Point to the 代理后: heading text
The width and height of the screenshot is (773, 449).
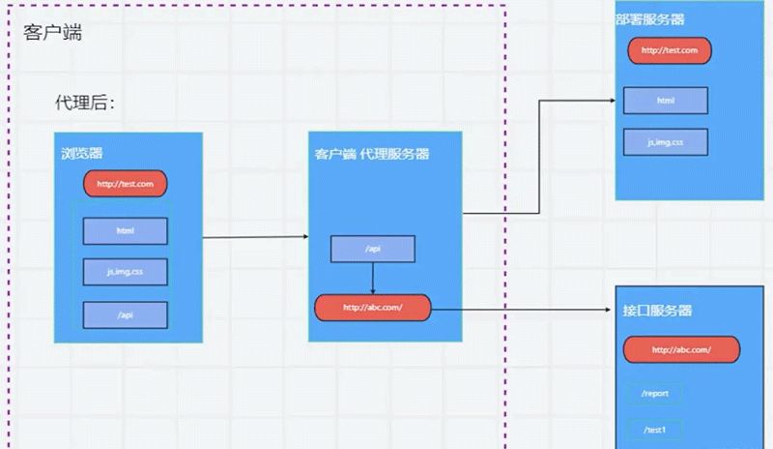point(84,104)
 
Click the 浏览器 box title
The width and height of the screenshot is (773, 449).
point(82,153)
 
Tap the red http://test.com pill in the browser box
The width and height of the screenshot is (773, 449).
point(126,184)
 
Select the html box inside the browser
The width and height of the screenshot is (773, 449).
point(126,230)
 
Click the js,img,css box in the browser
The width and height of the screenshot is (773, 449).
point(126,272)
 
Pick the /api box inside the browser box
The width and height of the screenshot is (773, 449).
point(126,314)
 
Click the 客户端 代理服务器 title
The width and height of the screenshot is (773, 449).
point(372,154)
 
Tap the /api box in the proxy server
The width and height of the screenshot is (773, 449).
point(373,249)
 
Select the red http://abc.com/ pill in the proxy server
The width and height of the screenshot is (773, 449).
point(372,309)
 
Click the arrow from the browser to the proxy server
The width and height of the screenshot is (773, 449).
point(256,236)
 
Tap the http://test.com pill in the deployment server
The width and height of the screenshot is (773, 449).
point(669,50)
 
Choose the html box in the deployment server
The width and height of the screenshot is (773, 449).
point(666,101)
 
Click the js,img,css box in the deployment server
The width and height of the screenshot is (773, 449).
point(666,141)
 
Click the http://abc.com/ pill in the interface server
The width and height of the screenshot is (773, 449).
point(681,349)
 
